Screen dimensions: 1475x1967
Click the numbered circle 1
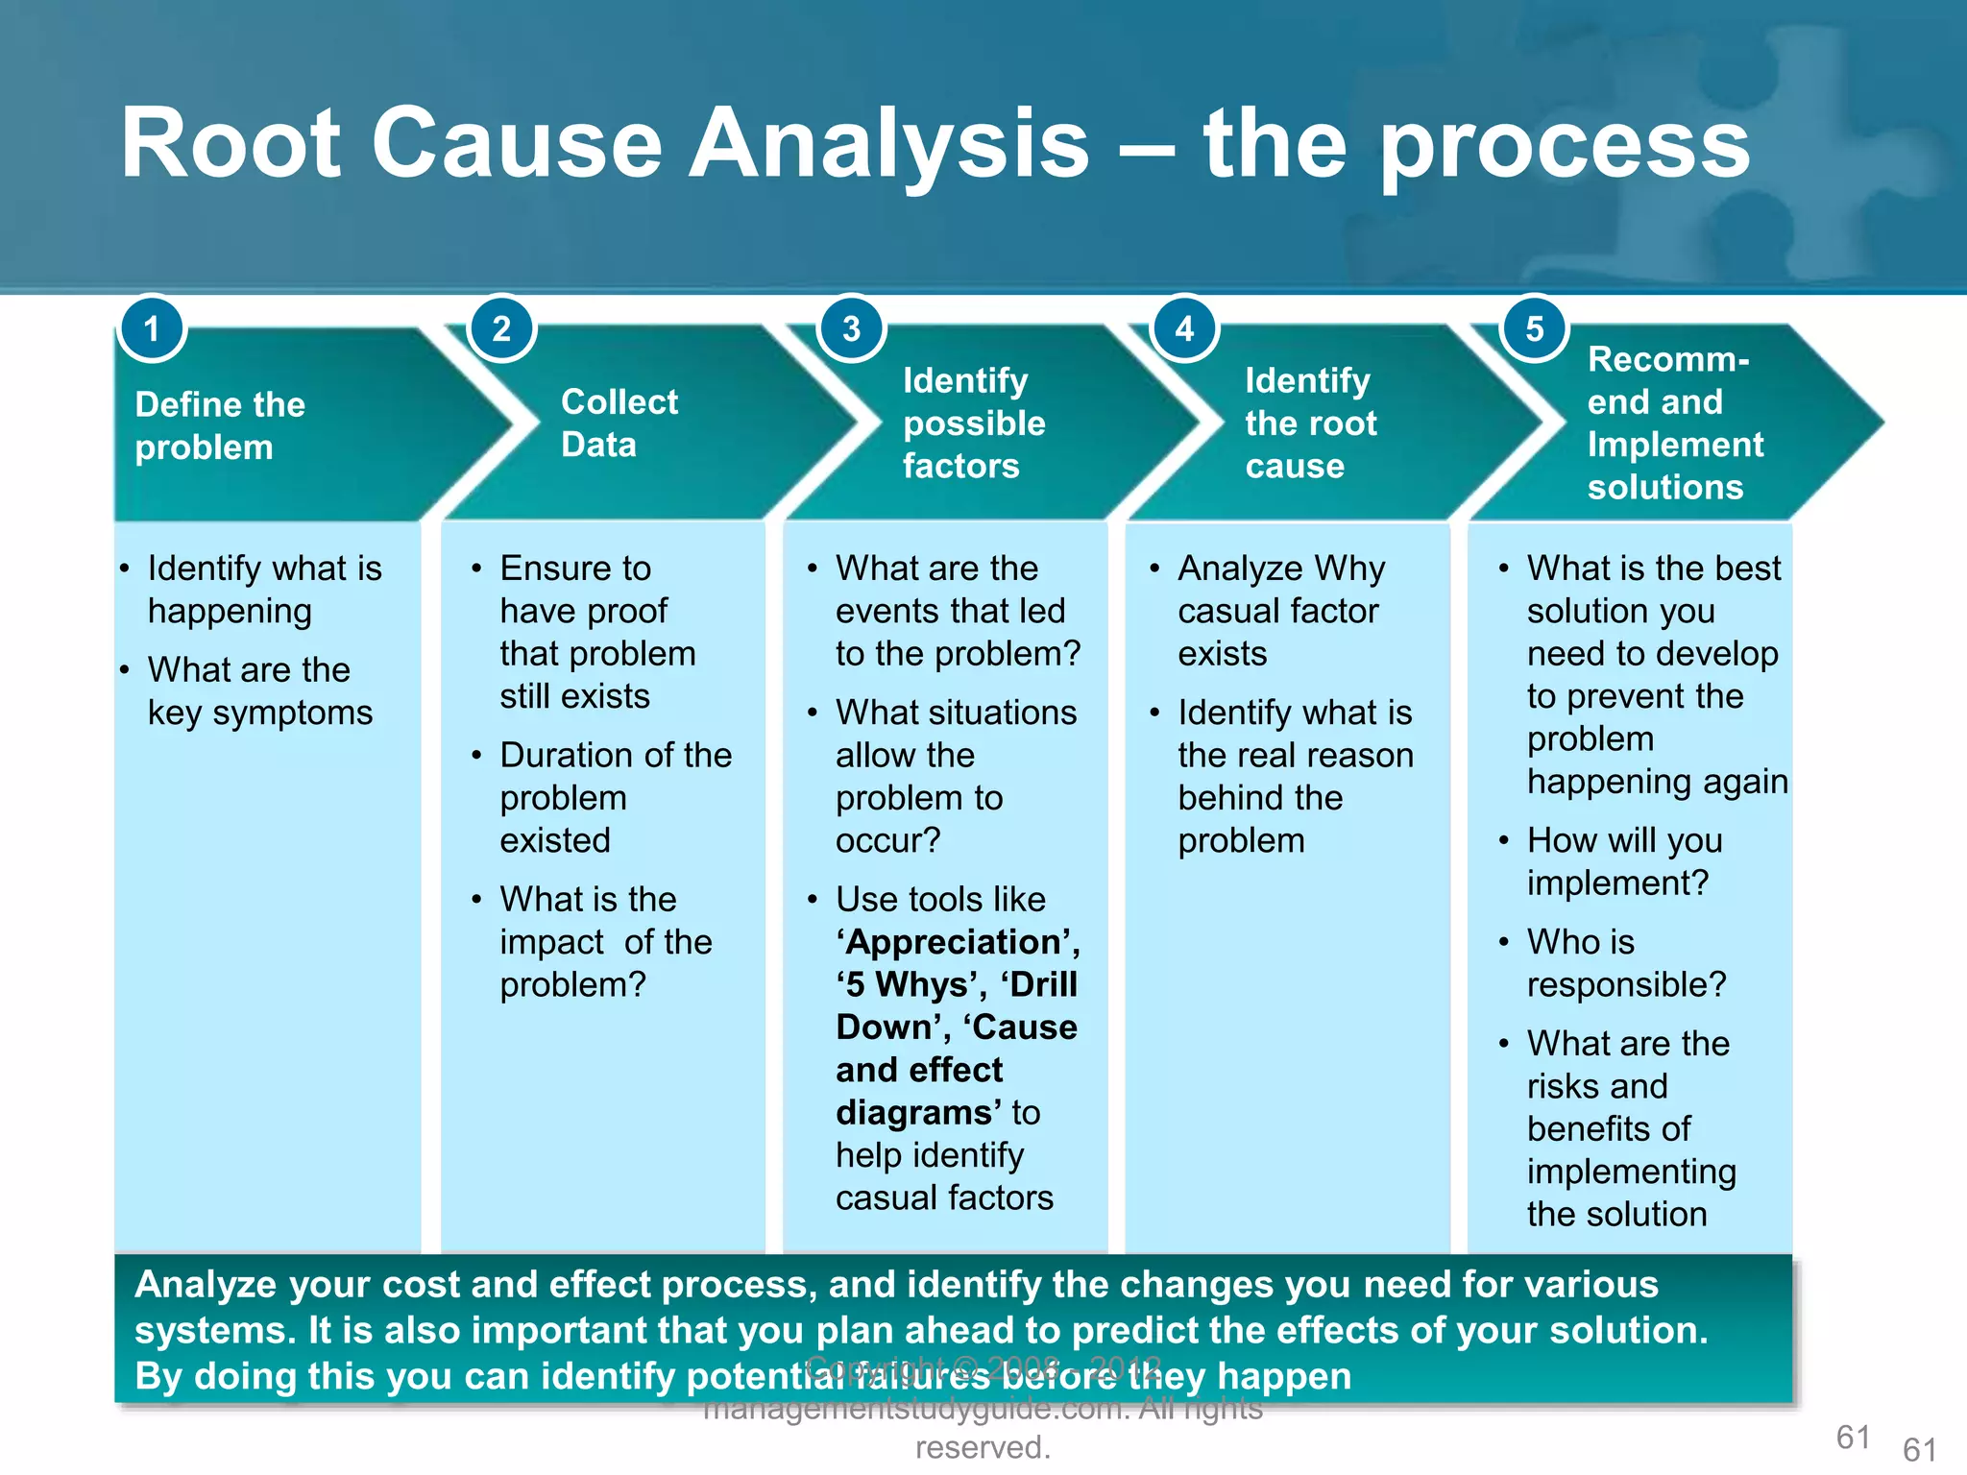pos(151,329)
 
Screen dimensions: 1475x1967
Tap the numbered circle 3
pos(851,329)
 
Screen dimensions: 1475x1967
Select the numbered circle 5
pos(1534,329)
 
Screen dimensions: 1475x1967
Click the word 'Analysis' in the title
pos(889,144)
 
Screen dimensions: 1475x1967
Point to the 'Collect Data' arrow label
pos(619,423)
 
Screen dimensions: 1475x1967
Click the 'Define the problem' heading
pos(220,425)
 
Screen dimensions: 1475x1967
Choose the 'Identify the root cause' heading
pos(1310,423)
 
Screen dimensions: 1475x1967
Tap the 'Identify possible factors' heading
pos(973,423)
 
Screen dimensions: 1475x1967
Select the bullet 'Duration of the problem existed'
pos(615,797)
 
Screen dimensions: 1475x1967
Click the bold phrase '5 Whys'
pos(911,985)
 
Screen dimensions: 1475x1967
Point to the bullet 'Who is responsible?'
pos(1625,963)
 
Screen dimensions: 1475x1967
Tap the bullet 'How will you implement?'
pos(1623,861)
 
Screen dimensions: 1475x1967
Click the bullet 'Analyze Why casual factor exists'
pos(1279,611)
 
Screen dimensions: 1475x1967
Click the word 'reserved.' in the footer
pos(983,1447)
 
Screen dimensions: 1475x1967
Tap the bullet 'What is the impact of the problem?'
pos(605,942)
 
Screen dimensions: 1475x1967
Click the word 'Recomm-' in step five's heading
pos(1667,359)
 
